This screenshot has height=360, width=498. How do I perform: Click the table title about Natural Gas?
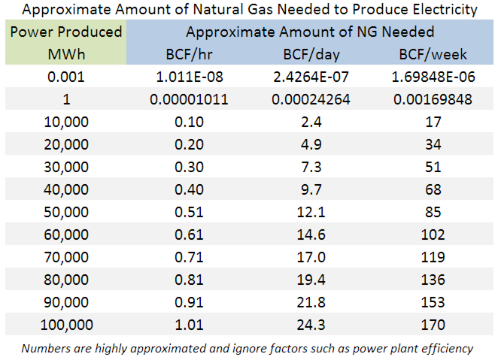pos(248,10)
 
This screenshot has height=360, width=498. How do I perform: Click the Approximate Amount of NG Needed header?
pos(311,32)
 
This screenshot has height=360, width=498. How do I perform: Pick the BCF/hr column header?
pos(188,54)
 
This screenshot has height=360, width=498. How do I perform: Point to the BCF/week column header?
pos(433,54)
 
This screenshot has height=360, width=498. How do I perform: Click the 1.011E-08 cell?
pos(188,76)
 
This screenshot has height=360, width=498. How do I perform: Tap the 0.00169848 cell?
pos(433,98)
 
